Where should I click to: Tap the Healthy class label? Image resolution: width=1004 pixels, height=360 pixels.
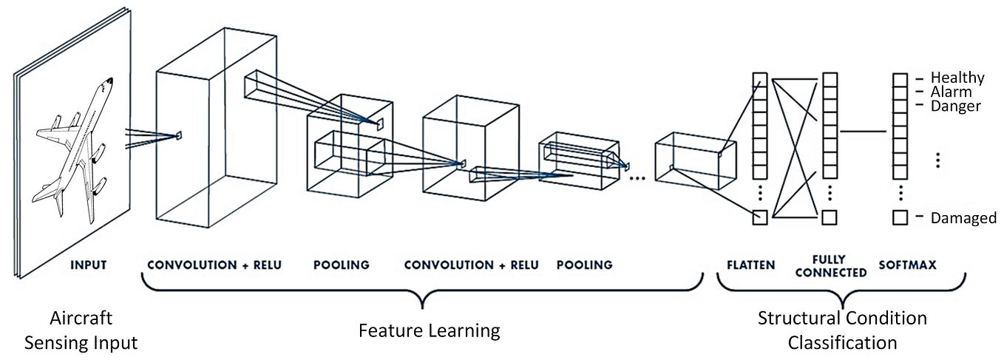(x=957, y=78)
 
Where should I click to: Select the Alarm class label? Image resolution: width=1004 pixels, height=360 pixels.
(x=951, y=92)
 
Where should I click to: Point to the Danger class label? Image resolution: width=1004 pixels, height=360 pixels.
(x=955, y=106)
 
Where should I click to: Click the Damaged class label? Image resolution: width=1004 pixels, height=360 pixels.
(x=962, y=219)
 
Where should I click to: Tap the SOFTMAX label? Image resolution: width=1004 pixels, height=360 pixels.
(x=907, y=265)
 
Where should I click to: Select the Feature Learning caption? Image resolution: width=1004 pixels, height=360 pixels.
(x=429, y=330)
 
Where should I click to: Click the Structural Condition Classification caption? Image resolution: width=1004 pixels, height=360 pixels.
(x=842, y=330)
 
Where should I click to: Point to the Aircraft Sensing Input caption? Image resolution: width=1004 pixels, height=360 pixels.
(x=81, y=330)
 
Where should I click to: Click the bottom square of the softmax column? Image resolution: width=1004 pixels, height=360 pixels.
(x=900, y=217)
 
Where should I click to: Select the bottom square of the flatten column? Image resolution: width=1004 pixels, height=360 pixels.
(x=760, y=217)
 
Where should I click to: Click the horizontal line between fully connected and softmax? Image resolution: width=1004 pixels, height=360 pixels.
(x=864, y=132)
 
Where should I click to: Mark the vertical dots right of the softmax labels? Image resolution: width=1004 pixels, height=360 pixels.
(x=937, y=158)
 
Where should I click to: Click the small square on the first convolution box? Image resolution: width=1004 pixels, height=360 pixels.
(x=178, y=135)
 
